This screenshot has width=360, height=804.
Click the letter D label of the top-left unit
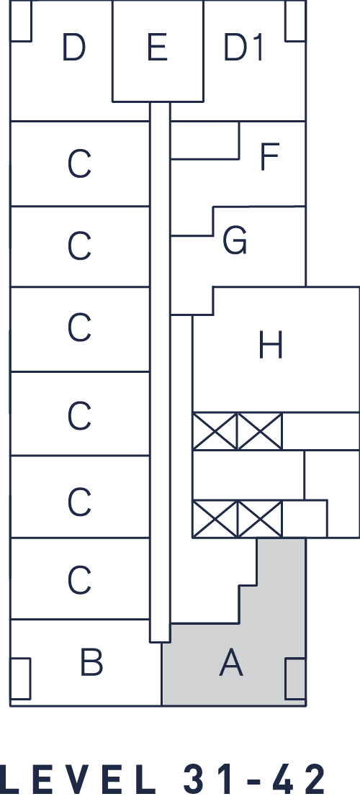[73, 48]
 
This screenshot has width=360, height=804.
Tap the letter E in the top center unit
[158, 48]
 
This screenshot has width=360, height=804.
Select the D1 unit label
[243, 48]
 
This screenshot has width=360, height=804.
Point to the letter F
[269, 156]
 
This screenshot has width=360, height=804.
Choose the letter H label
[270, 345]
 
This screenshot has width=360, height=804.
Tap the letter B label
[91, 662]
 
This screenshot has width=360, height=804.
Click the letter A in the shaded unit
[231, 662]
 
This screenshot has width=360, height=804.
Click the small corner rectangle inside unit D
[21, 20]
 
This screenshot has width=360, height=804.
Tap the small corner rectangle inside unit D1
[295, 20]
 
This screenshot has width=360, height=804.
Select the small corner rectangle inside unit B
[20, 678]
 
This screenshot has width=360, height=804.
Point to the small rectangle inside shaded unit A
[295, 678]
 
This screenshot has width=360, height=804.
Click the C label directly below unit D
[79, 164]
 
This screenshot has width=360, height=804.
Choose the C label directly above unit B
[79, 580]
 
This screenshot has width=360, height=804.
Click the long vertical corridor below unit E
[160, 371]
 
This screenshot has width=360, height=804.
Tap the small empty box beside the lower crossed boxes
[305, 518]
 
